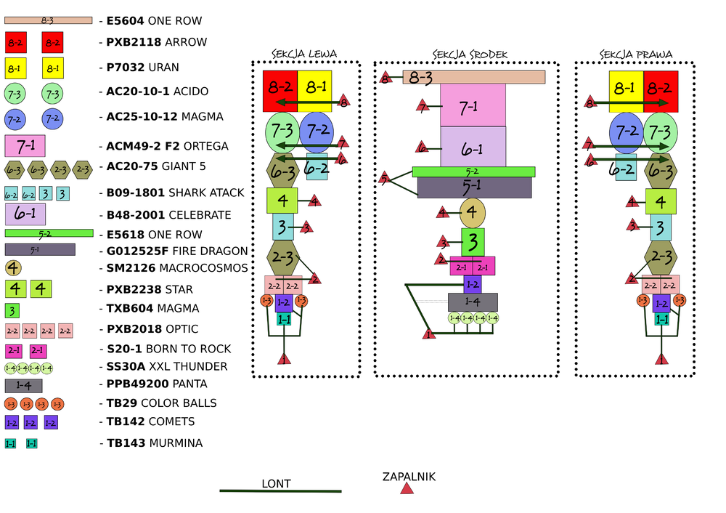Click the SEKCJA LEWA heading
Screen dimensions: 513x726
click(304, 54)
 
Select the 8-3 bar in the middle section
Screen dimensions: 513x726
click(474, 77)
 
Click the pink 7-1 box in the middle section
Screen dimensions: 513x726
click(473, 105)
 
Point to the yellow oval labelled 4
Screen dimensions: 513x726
click(473, 212)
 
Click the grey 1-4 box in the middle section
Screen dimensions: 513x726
click(473, 302)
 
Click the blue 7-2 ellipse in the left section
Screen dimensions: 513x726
click(317, 132)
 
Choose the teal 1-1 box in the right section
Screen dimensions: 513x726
click(662, 319)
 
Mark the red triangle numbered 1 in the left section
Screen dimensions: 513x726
click(285, 358)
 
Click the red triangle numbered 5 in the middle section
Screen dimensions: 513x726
click(385, 178)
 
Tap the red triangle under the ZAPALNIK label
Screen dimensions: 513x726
click(407, 489)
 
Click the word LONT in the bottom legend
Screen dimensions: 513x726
click(277, 483)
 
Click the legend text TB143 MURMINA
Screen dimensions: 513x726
click(155, 443)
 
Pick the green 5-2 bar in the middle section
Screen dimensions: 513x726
click(474, 171)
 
